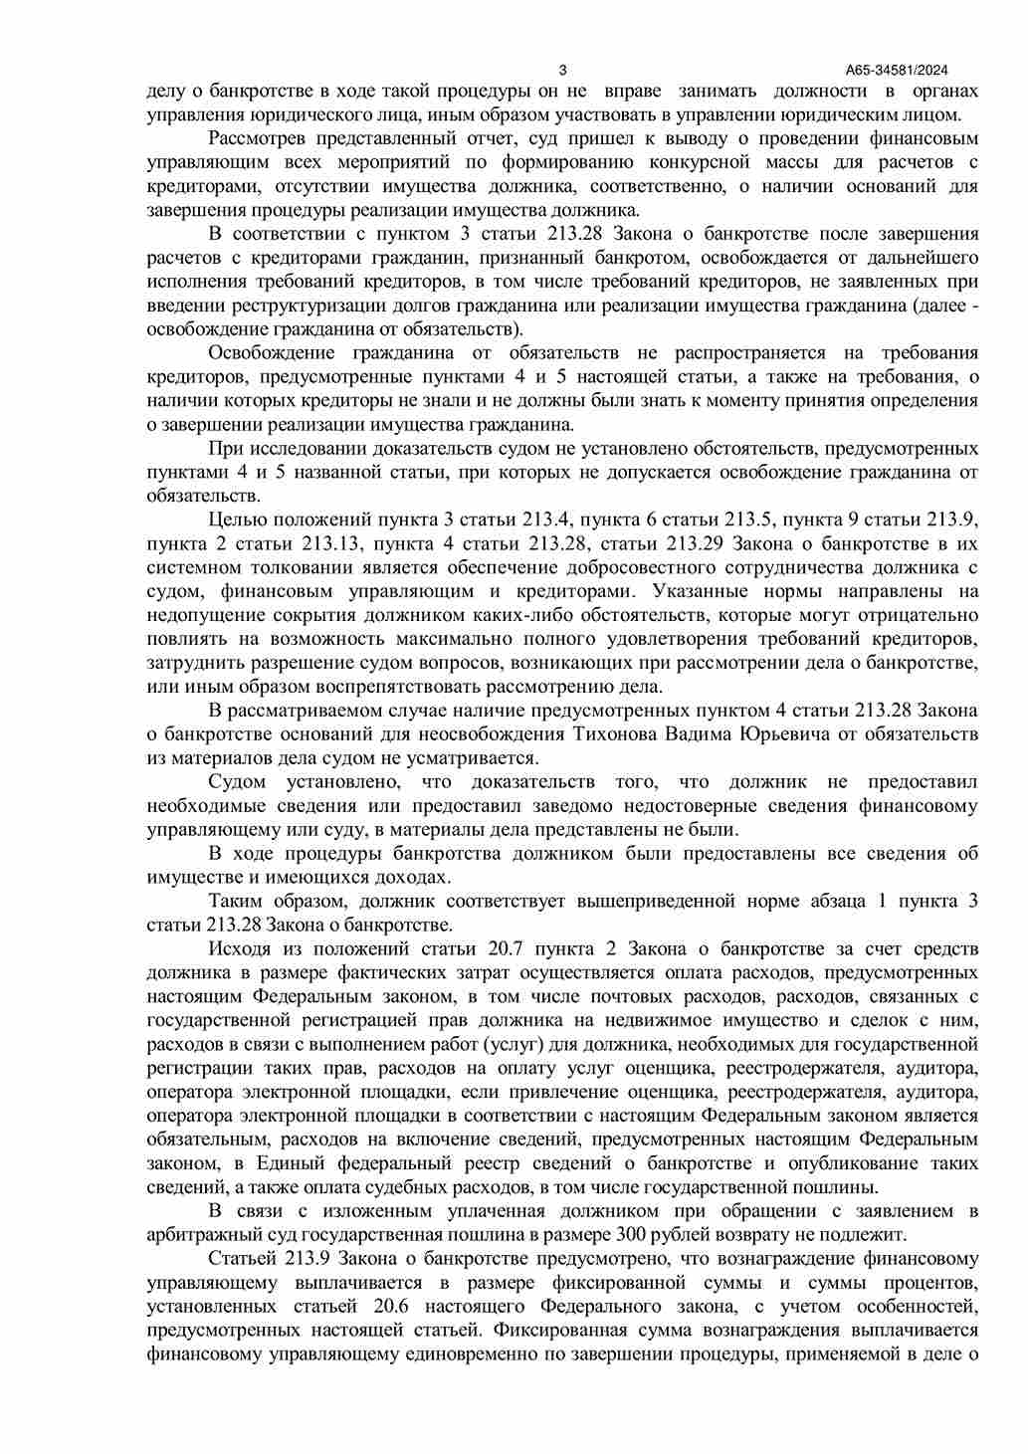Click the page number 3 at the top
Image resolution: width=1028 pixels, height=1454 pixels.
[x=563, y=70]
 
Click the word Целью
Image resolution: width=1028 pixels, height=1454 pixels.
[x=238, y=519]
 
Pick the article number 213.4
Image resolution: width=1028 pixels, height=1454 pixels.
[x=541, y=519]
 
